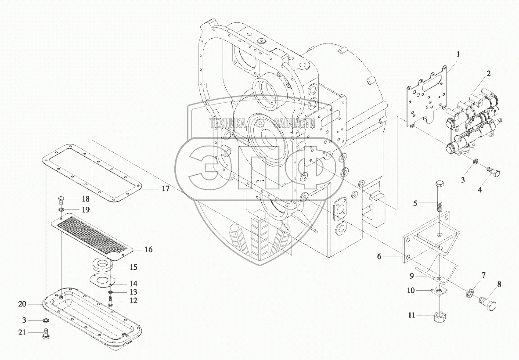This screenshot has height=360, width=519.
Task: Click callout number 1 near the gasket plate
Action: tap(458, 55)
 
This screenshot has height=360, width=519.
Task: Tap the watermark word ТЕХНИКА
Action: tap(227, 124)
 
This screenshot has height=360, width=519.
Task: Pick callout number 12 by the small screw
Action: tap(133, 301)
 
